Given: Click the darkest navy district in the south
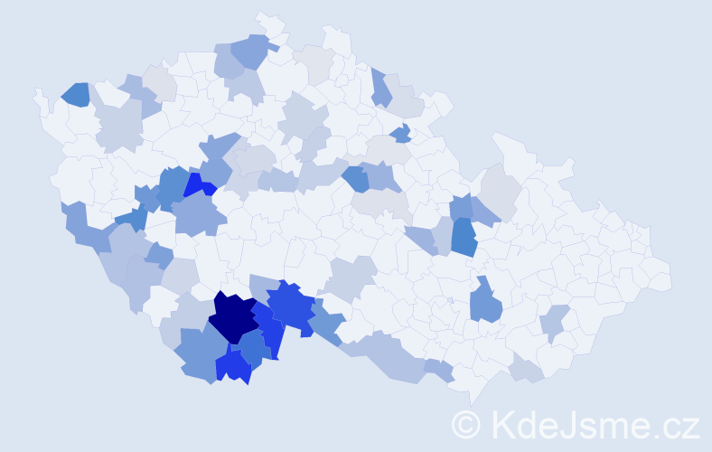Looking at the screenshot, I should pyautogui.click(x=233, y=316).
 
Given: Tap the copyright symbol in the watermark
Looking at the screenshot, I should pyautogui.click(x=466, y=424).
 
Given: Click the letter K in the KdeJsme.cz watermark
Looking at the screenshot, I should pyautogui.click(x=504, y=424).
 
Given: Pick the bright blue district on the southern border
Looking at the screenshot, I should pyautogui.click(x=234, y=366).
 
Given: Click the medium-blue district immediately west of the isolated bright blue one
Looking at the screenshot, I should pyautogui.click(x=172, y=185).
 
